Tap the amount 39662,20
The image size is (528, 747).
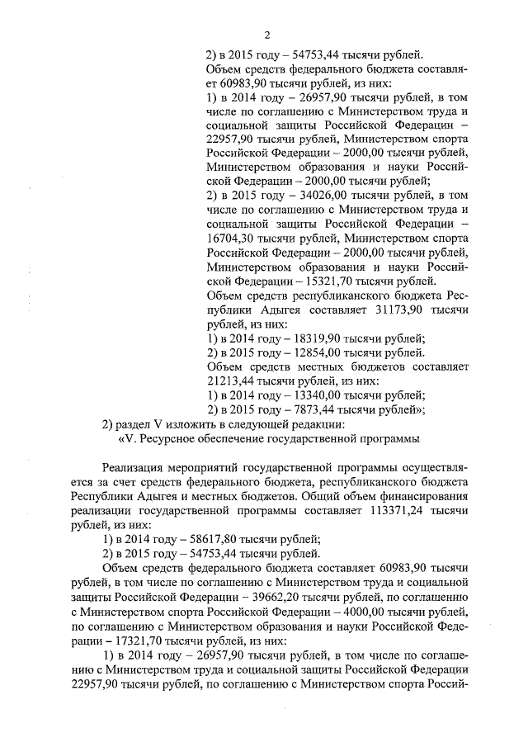click(291, 598)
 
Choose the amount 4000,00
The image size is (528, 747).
click(371, 612)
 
